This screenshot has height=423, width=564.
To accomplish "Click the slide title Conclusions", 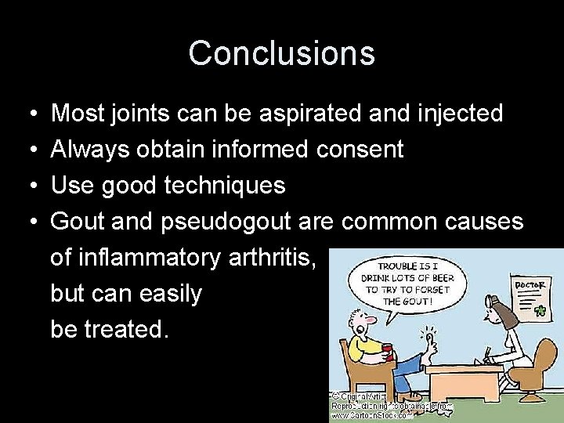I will pyautogui.click(x=282, y=53).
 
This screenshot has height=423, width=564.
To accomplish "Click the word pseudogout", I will pyautogui.click(x=227, y=222).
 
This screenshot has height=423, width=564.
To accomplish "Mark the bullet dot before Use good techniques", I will pyautogui.click(x=27, y=186).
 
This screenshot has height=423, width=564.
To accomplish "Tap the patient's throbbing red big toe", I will pyautogui.click(x=428, y=338).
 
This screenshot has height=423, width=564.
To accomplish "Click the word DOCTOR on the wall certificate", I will pyautogui.click(x=530, y=285).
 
